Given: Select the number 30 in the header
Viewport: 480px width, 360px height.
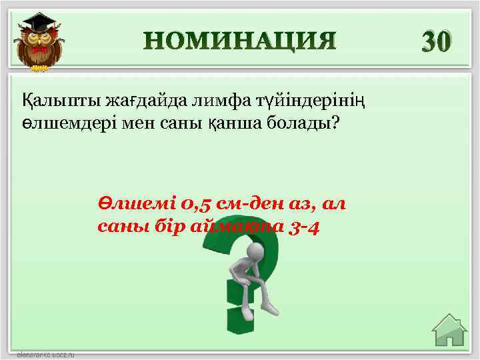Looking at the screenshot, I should [x=437, y=41].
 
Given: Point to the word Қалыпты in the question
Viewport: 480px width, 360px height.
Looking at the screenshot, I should [x=53, y=101].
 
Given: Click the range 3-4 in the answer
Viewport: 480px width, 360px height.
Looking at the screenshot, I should [x=305, y=227].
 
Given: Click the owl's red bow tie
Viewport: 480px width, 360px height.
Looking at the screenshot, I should [x=39, y=50].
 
